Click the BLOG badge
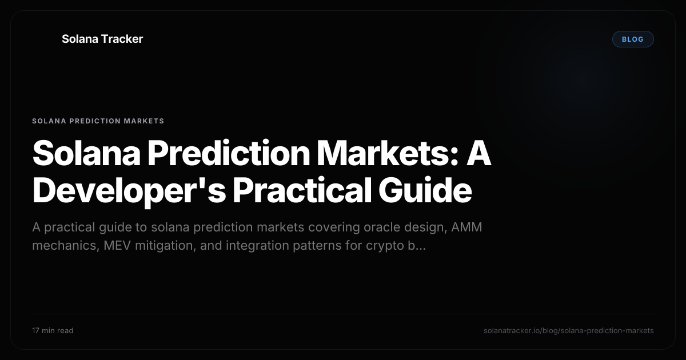pos(633,39)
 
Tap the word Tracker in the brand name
pos(122,39)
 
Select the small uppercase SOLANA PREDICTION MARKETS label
pos(98,121)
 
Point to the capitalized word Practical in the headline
pos(302,190)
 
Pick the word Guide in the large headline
pos(425,190)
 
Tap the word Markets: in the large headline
pos(388,153)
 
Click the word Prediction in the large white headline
pos(229,153)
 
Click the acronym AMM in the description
pos(466,227)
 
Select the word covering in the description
pos(334,228)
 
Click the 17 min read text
pos(53,331)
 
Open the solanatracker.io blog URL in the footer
pos(569,331)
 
